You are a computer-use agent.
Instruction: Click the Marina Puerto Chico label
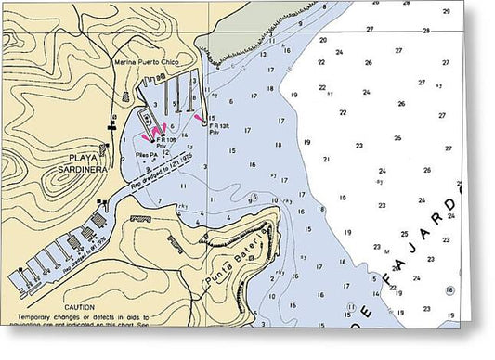pos(147,62)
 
